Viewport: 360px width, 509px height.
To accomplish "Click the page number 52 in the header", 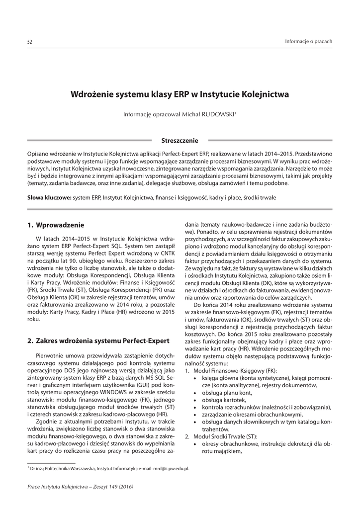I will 29,41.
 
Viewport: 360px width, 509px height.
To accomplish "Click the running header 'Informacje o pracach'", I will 308,41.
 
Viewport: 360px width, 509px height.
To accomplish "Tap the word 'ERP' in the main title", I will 182,93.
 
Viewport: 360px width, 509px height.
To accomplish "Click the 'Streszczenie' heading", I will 180,141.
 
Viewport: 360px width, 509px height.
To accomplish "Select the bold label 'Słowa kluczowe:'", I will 49,198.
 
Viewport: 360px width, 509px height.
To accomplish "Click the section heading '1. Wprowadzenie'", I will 56,225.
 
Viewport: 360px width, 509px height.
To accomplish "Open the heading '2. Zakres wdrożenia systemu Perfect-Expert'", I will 98,340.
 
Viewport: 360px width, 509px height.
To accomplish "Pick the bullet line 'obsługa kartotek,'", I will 220,400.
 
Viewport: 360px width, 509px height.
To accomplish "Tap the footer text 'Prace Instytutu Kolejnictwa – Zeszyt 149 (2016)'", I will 80,486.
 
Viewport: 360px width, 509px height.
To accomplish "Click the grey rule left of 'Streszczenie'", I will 90,141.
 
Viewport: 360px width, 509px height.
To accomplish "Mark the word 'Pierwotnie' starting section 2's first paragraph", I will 51,356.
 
